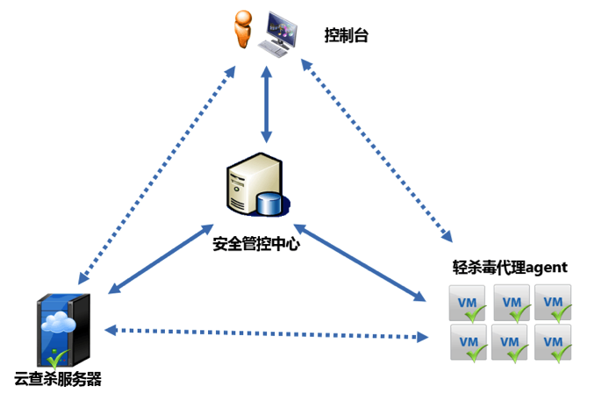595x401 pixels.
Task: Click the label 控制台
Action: (x=345, y=35)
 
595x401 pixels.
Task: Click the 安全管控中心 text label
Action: (x=256, y=243)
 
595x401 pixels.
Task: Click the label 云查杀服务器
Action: (x=58, y=380)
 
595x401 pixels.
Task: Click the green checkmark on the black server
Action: (x=59, y=358)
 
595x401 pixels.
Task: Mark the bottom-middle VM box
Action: (x=511, y=341)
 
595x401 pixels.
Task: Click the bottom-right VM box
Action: (x=553, y=341)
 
